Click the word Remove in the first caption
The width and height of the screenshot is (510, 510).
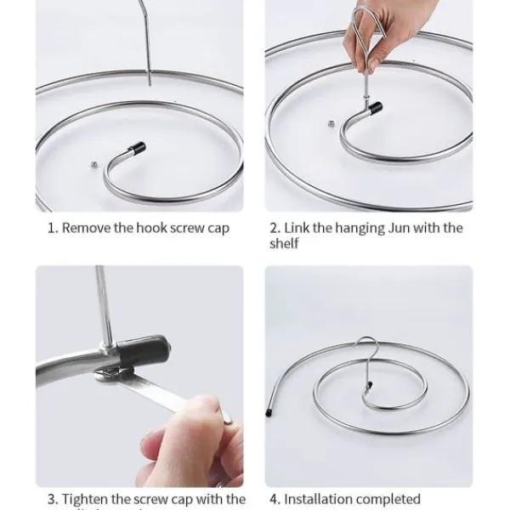(x=85, y=228)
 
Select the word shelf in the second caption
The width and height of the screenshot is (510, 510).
(x=284, y=244)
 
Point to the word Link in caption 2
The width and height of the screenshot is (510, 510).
(x=296, y=228)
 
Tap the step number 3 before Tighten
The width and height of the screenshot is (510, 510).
(x=52, y=499)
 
